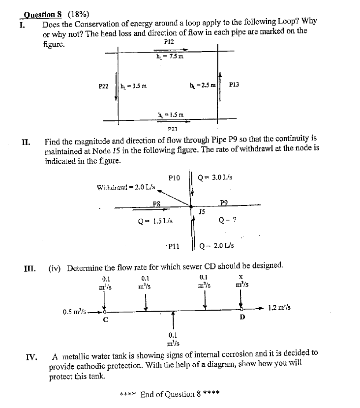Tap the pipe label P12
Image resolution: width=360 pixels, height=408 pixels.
point(169,42)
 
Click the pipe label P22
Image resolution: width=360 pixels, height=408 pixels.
point(103,86)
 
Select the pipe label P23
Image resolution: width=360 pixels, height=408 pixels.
point(173,129)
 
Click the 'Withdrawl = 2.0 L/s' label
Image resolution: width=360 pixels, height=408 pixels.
point(126,187)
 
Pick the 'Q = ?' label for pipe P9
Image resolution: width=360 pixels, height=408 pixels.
point(228,220)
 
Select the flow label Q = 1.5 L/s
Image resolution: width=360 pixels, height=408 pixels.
point(155,221)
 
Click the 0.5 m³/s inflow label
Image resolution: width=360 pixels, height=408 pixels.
point(75,311)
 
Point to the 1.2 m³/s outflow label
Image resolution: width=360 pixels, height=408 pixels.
point(279,308)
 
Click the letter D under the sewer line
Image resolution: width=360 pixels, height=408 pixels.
point(242,318)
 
